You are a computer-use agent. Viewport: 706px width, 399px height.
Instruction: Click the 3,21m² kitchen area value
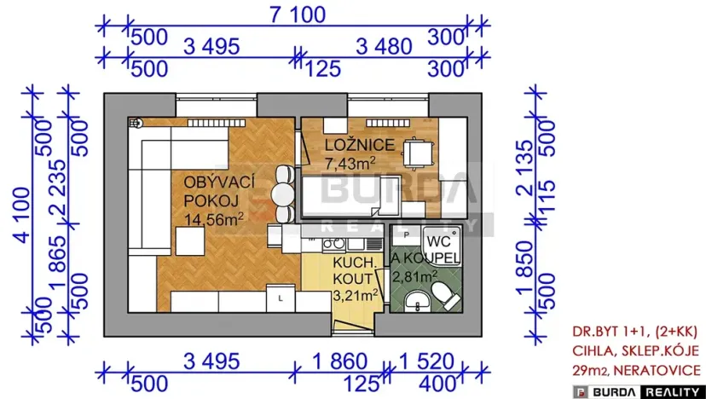click(x=356, y=295)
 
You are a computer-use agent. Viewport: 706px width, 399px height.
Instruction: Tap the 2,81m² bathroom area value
click(x=414, y=275)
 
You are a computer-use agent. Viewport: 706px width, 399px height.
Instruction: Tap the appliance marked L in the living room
click(x=281, y=299)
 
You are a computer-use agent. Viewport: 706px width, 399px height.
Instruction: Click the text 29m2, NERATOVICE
click(x=638, y=370)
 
